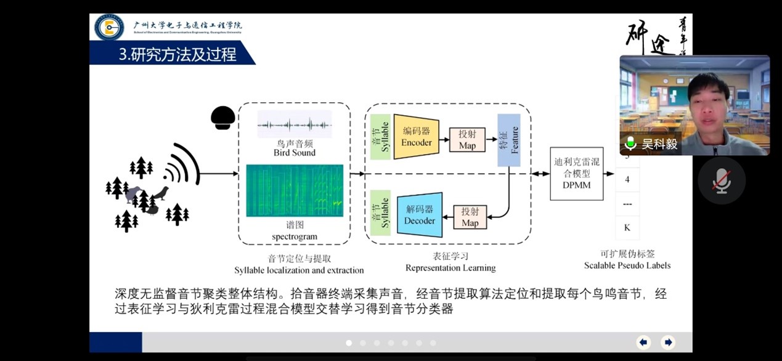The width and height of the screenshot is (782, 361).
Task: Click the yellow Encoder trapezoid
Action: point(416,137)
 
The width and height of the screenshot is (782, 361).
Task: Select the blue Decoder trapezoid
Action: point(419,214)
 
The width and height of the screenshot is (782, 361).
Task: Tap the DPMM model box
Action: point(576,173)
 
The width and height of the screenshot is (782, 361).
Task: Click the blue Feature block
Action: point(509,140)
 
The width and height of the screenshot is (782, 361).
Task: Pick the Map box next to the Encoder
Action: point(467,140)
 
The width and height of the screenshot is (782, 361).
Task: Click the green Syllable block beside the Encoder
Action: point(381,137)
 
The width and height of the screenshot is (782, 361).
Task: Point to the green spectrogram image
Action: point(295,190)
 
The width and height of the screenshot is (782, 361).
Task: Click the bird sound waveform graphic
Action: point(295,125)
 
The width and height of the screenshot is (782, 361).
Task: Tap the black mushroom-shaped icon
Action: point(222,117)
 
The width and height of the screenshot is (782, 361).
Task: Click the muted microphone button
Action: point(722,180)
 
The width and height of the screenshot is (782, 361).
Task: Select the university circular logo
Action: point(109,27)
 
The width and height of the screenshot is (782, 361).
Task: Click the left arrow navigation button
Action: point(643,343)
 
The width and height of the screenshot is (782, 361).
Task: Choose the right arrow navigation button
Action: point(667,343)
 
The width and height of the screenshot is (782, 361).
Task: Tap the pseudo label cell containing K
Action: point(627,227)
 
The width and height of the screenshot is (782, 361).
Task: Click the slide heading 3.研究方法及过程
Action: point(177,54)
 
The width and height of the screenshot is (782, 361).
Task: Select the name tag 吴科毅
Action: point(659,144)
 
